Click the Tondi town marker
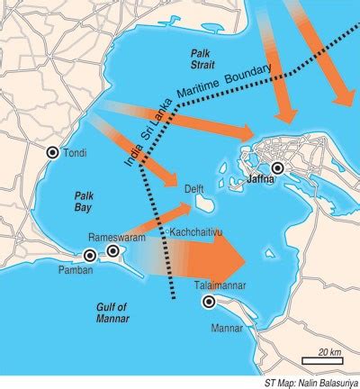53,152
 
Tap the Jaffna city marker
278,168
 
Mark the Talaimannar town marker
209,302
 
